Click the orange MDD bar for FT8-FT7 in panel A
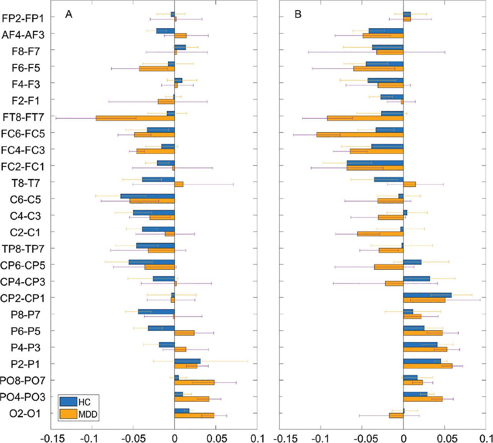click(x=135, y=118)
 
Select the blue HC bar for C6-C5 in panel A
click(x=148, y=196)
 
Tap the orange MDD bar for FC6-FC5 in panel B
click(x=360, y=135)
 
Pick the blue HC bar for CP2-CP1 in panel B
click(x=427, y=295)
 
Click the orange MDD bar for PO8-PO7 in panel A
click(x=194, y=383)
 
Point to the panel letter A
click(x=69, y=15)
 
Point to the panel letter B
click(x=298, y=15)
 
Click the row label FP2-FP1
click(x=23, y=18)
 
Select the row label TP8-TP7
click(x=23, y=249)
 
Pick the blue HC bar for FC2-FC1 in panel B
click(x=375, y=163)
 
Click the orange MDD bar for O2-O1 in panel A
click(x=194, y=415)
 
